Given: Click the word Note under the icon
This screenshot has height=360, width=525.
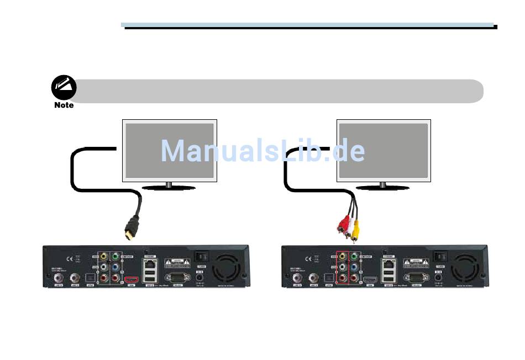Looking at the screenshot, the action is coord(64,105).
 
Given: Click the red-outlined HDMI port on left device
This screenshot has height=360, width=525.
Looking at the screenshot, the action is coord(132,279).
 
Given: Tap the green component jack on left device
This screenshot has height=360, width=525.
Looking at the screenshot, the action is coord(114,257).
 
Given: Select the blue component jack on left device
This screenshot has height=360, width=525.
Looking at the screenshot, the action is coord(114,268).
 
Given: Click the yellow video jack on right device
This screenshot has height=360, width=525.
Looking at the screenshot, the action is coord(342,257).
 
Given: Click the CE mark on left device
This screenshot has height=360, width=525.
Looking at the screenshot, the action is coord(70,258).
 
